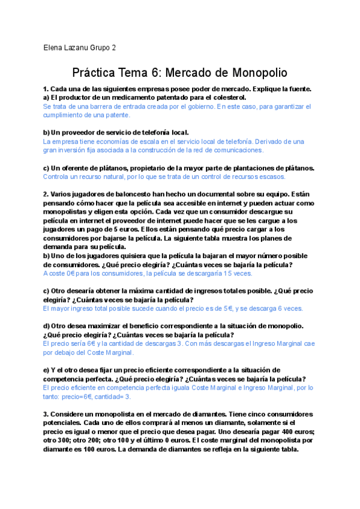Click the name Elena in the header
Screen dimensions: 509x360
point(54,47)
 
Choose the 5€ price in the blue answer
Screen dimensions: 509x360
point(228,309)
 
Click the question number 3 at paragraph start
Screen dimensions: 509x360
point(46,414)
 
